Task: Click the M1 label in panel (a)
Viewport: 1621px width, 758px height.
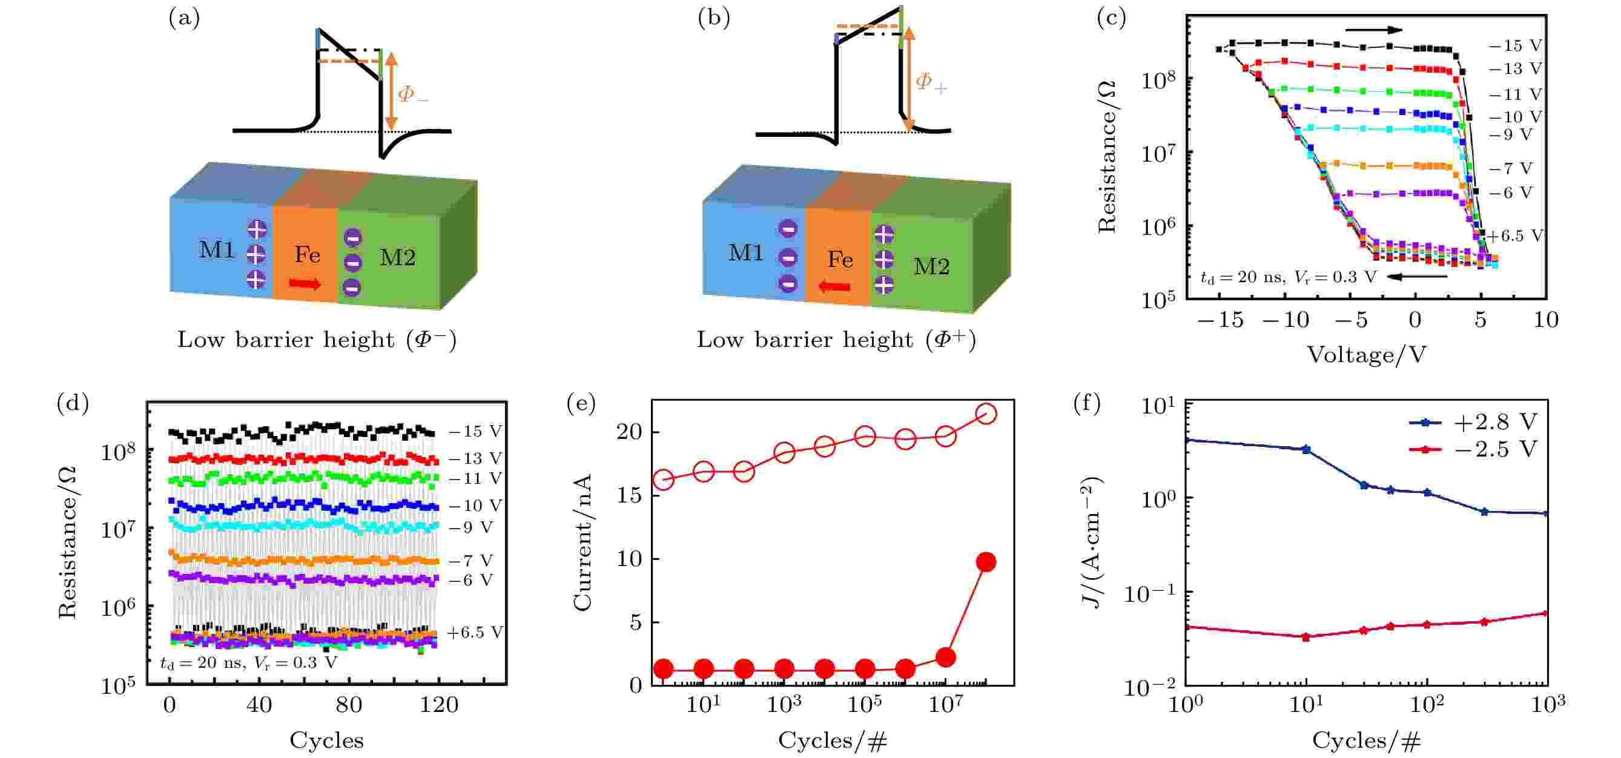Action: (216, 249)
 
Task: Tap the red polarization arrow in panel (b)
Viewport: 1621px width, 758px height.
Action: (834, 287)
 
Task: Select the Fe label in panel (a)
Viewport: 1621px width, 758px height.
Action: (307, 255)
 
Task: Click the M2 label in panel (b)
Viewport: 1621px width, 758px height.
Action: (931, 267)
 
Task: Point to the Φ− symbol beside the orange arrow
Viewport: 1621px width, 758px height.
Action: (413, 95)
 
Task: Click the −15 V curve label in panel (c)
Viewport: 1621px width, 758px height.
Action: (1514, 45)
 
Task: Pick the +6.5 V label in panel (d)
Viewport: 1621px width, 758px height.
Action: (475, 632)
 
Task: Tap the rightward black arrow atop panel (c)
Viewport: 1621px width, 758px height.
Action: (1374, 30)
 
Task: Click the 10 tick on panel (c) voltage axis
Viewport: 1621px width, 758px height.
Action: (1545, 320)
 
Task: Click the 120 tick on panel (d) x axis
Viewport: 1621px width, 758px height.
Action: (438, 705)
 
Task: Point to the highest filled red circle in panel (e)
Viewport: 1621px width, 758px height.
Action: (986, 562)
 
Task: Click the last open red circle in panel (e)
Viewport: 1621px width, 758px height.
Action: (986, 414)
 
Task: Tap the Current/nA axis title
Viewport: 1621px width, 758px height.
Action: (583, 542)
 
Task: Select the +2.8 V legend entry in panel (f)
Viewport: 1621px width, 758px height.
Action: (1473, 422)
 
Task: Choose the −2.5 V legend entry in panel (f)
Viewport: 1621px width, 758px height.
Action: (1473, 449)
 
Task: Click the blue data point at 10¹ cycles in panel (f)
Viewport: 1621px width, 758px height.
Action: (1306, 449)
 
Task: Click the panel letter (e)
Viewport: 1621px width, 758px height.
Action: (580, 403)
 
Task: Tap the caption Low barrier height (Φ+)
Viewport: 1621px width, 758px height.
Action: (836, 340)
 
